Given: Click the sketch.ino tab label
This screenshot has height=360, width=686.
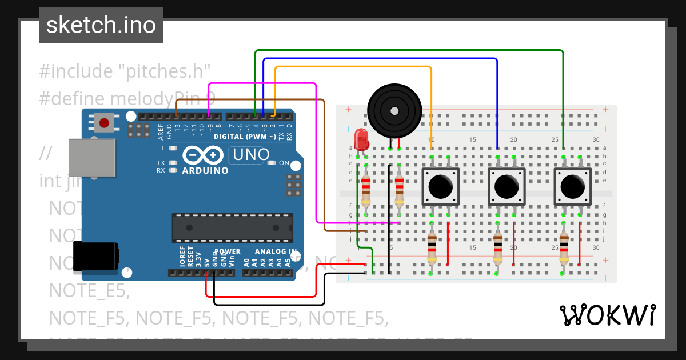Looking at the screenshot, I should (x=101, y=25).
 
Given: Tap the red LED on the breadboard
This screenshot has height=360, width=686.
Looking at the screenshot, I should (x=361, y=139).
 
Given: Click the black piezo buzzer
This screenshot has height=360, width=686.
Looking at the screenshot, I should (x=394, y=110).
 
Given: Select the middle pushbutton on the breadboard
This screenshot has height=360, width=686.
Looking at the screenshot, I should (x=506, y=186).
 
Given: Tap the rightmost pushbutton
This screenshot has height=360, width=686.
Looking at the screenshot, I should (x=572, y=186).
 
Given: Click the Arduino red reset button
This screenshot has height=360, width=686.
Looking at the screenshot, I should (x=104, y=122).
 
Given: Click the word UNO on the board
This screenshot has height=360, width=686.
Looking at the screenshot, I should (x=251, y=154).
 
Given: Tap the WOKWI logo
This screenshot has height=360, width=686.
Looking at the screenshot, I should (x=607, y=315).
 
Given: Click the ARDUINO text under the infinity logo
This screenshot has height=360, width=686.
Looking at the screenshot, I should (x=205, y=170).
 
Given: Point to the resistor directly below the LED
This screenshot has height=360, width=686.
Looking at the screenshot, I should (x=366, y=190).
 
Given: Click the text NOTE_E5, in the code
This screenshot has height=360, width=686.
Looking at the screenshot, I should (x=89, y=290).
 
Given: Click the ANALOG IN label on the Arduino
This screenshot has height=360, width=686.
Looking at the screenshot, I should (x=275, y=251).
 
